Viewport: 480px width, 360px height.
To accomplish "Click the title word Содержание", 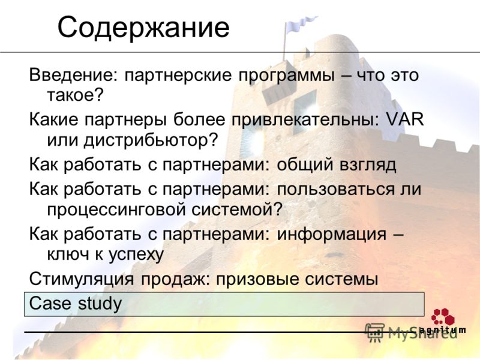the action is point(143,28).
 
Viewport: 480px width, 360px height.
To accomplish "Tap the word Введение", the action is point(71,74).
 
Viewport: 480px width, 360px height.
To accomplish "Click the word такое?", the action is point(76,95).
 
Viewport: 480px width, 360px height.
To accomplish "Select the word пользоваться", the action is point(336,190).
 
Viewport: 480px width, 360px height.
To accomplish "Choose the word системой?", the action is point(236,209).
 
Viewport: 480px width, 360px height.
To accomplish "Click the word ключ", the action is point(68,254).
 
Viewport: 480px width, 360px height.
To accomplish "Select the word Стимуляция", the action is point(82,280).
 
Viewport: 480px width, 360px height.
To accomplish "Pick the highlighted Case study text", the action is point(76,304).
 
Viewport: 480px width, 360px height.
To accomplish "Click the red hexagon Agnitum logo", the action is point(443,317).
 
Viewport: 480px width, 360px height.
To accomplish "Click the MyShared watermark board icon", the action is point(374,332).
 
